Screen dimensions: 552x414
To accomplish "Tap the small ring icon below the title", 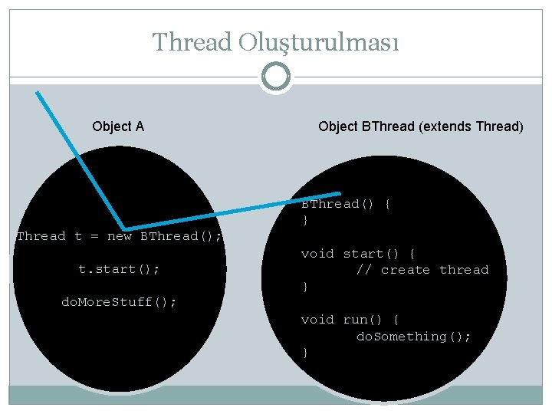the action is [x=275, y=77].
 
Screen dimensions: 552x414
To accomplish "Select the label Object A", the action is [x=118, y=127].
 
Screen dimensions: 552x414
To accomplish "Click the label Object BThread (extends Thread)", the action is [x=421, y=127].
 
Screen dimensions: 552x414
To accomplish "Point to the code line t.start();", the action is [x=119, y=269].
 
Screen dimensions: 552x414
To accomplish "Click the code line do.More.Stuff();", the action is [x=119, y=302].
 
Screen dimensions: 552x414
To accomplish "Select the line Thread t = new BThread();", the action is [x=120, y=236].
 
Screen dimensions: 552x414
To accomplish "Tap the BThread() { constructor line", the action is [x=346, y=204].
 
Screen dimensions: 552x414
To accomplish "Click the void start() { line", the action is [x=358, y=254].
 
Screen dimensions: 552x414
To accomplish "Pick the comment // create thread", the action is [x=422, y=270].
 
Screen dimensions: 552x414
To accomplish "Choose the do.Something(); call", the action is [x=414, y=337].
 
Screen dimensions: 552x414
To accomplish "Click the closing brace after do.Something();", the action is [x=305, y=353].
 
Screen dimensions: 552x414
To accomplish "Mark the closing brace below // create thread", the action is [x=305, y=287].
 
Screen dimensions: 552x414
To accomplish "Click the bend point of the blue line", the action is [x=123, y=227].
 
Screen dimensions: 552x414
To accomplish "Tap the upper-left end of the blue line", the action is [x=38, y=92].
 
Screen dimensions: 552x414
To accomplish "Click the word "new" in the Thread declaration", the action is [x=119, y=236].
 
